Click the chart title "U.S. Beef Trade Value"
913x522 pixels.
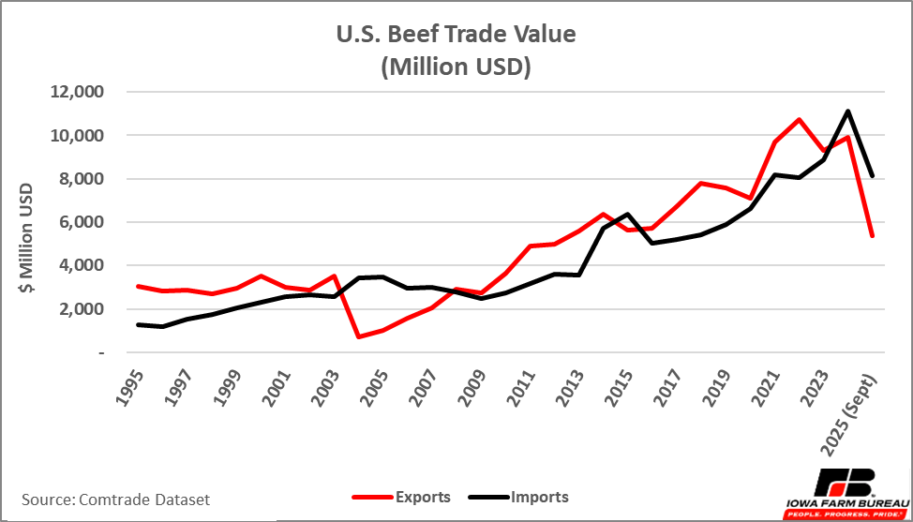(456, 35)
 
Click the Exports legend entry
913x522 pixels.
(402, 497)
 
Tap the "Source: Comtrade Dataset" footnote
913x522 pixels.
(115, 500)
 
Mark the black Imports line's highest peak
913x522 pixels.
(847, 112)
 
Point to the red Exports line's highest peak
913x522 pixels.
(799, 119)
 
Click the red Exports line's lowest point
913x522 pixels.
(360, 336)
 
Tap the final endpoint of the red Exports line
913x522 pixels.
(873, 235)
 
